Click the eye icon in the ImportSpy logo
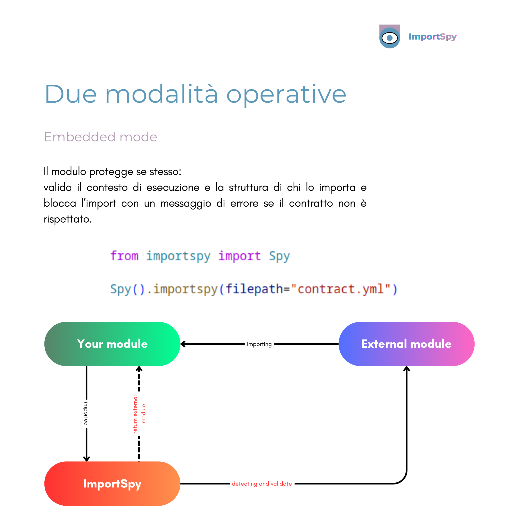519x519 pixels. [389, 38]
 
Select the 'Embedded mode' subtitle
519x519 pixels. [101, 137]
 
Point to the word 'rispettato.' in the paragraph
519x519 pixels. [68, 219]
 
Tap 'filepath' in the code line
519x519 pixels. [254, 289]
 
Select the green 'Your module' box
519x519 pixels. [112, 344]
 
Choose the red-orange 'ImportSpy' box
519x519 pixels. [112, 484]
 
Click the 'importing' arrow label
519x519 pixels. [259, 344]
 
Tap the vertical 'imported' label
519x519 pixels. [86, 414]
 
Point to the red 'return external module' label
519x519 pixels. [139, 414]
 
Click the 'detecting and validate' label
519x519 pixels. [262, 484]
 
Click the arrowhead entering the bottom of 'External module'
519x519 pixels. [406, 369]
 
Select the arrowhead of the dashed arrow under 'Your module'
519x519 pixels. [139, 369]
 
